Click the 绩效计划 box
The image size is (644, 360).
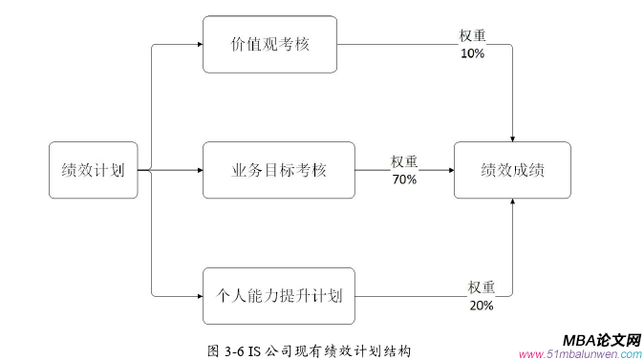coord(93,171)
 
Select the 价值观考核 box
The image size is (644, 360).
coord(270,44)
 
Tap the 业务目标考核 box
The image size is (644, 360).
coord(278,171)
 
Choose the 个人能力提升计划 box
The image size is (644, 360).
coord(278,296)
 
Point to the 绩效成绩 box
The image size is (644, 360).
coord(512,171)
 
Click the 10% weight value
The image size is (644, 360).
coord(472,53)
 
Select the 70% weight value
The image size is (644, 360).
coord(404,180)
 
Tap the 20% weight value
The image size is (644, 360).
coord(481,306)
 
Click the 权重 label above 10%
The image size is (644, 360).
coord(472,36)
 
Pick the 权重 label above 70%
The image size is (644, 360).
coord(404,162)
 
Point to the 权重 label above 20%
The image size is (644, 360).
coord(481,287)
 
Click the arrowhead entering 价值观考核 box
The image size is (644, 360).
coord(199,44)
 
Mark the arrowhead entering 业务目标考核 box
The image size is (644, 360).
coord(199,171)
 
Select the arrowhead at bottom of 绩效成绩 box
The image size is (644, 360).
coord(514,203)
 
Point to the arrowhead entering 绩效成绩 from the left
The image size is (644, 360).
coord(449,171)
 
